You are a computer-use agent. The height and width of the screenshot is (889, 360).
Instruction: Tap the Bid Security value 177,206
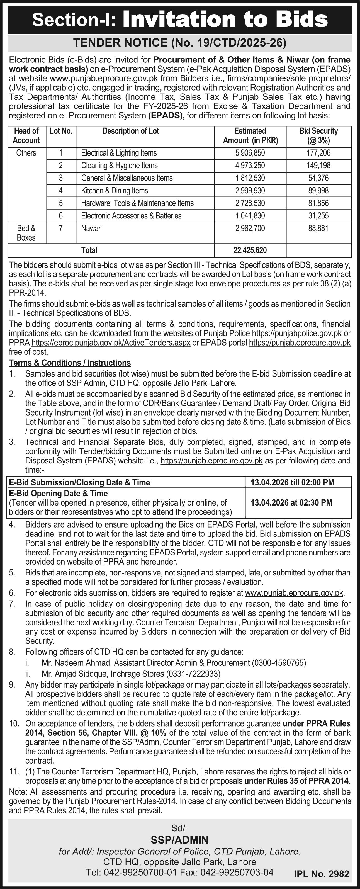(318, 153)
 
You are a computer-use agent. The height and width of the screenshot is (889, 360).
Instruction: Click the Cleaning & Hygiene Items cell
(120, 166)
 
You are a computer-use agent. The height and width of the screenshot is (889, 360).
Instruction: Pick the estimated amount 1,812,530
(250, 178)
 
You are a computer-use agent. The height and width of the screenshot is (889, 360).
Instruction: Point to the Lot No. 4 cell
(61, 191)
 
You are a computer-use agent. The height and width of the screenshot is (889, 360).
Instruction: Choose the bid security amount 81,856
(318, 203)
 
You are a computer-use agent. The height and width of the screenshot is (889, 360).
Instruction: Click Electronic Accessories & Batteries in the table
(131, 216)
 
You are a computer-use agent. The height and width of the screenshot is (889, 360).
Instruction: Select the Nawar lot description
(91, 229)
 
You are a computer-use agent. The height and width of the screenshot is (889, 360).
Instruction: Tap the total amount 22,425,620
(250, 250)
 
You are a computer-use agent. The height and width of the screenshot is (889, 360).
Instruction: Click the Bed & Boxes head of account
(26, 233)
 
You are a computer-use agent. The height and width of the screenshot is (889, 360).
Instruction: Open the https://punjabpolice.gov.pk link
(297, 333)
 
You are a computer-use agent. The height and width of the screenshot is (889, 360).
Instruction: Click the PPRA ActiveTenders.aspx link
(111, 343)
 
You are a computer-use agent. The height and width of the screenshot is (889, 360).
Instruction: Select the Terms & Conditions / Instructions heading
(70, 363)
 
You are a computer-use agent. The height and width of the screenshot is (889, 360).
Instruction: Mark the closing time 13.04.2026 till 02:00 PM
(292, 482)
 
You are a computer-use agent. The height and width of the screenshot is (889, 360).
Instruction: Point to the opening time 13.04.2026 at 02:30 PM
(291, 502)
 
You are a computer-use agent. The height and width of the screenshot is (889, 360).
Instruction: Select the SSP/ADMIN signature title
(179, 840)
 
